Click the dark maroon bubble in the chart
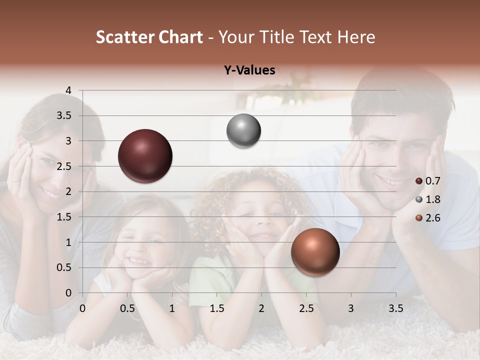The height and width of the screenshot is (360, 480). pyautogui.click(x=145, y=156)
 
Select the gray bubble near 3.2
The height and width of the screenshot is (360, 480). pyautogui.click(x=243, y=131)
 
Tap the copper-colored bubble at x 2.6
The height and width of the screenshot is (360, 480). pyautogui.click(x=315, y=252)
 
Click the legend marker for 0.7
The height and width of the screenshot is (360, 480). pyautogui.click(x=419, y=181)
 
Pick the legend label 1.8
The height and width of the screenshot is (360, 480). pyautogui.click(x=432, y=199)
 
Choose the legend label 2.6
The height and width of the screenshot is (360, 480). pyautogui.click(x=432, y=218)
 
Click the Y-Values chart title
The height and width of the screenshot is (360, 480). pyautogui.click(x=249, y=70)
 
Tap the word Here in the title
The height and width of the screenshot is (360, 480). pyautogui.click(x=356, y=37)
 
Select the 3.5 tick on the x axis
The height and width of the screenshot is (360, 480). pyautogui.click(x=395, y=308)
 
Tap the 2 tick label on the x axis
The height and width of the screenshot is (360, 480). pyautogui.click(x=261, y=308)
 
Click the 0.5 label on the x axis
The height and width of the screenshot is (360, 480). pyautogui.click(x=127, y=308)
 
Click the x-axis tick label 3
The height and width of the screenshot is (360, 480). pyautogui.click(x=351, y=308)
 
